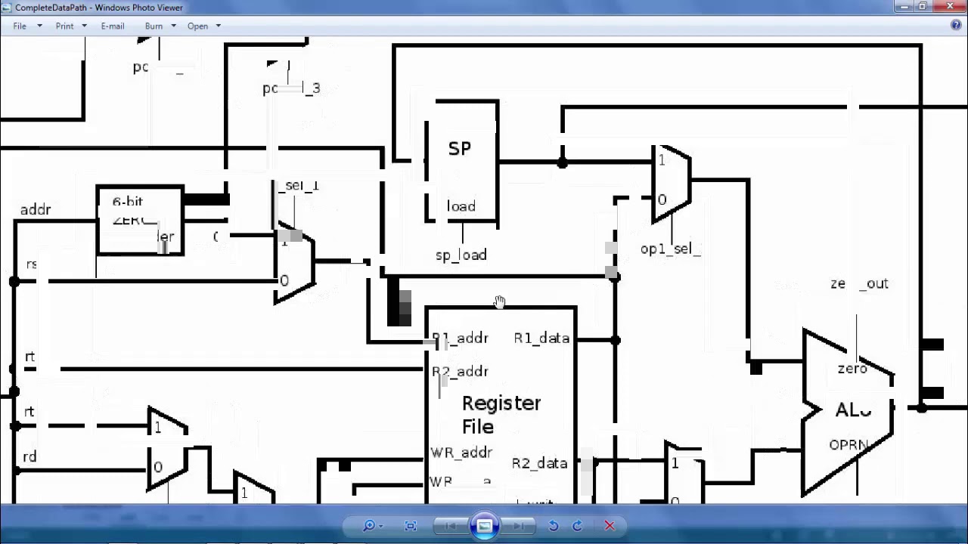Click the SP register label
coord(460,149)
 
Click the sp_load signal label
coord(461,255)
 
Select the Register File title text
coord(501,415)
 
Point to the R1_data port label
coord(541,338)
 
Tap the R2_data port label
coord(539,463)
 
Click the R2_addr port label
coord(461,372)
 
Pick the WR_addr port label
coord(461,453)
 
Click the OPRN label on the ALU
coord(848,445)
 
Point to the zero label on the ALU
coord(852,369)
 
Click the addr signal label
coord(36,210)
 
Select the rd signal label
coord(29,457)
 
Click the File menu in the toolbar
coord(20,26)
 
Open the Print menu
coord(65,26)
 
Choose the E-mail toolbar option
coord(112,26)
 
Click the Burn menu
coord(154,26)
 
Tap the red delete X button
coord(610,526)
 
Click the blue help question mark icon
coord(956,26)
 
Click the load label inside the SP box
coord(461,207)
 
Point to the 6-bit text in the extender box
coord(128,202)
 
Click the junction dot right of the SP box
coord(562,162)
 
